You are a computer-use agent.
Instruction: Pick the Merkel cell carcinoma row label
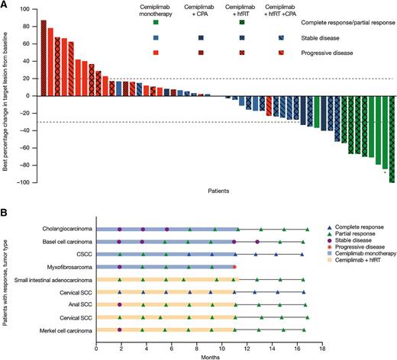point(64,331)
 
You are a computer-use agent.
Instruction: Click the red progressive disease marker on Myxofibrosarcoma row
point(234,267)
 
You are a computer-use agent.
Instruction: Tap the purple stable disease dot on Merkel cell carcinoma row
point(120,330)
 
